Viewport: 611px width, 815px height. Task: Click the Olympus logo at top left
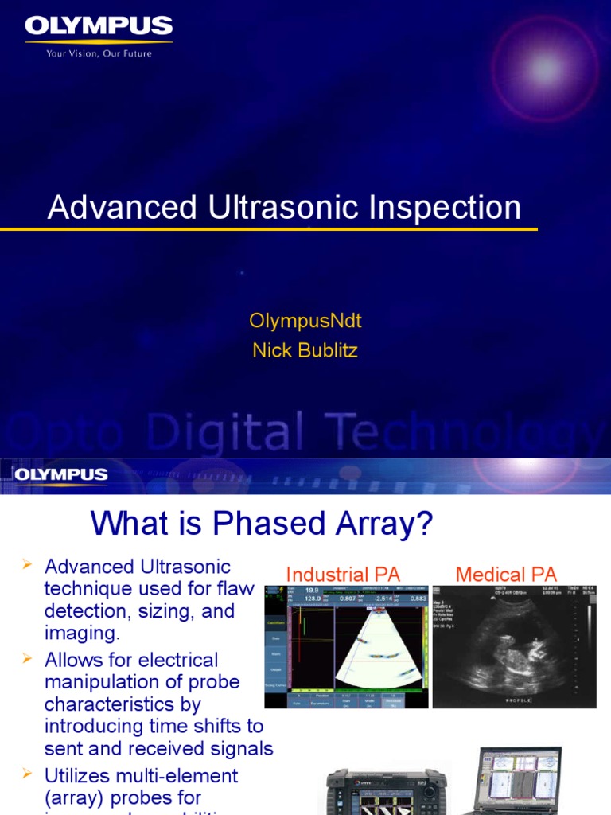99,29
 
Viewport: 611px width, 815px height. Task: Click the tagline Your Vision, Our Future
99,53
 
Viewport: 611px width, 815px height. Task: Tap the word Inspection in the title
445,208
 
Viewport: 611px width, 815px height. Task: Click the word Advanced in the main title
123,208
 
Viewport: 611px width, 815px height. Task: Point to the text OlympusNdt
305,321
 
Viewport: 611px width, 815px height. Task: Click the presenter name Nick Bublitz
305,350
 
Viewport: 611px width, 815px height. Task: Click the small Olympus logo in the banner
60,475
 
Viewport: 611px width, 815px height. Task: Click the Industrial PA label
343,574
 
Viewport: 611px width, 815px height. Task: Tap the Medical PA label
506,574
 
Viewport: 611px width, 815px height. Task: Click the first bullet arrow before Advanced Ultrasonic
27,565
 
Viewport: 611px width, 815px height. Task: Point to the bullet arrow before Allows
27,658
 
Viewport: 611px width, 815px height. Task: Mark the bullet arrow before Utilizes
27,774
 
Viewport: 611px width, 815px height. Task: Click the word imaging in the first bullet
81,634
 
